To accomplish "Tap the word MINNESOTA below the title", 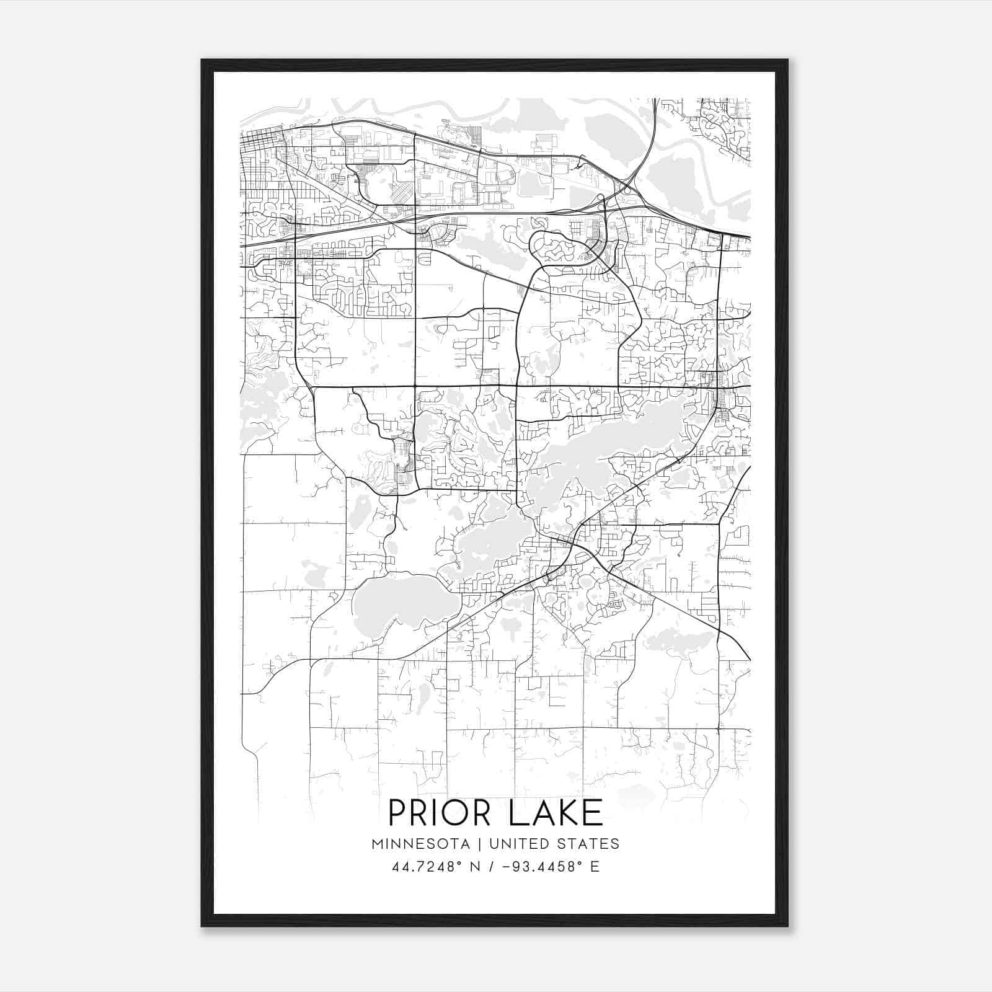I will tap(425, 844).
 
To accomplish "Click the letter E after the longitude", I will tap(595, 867).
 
